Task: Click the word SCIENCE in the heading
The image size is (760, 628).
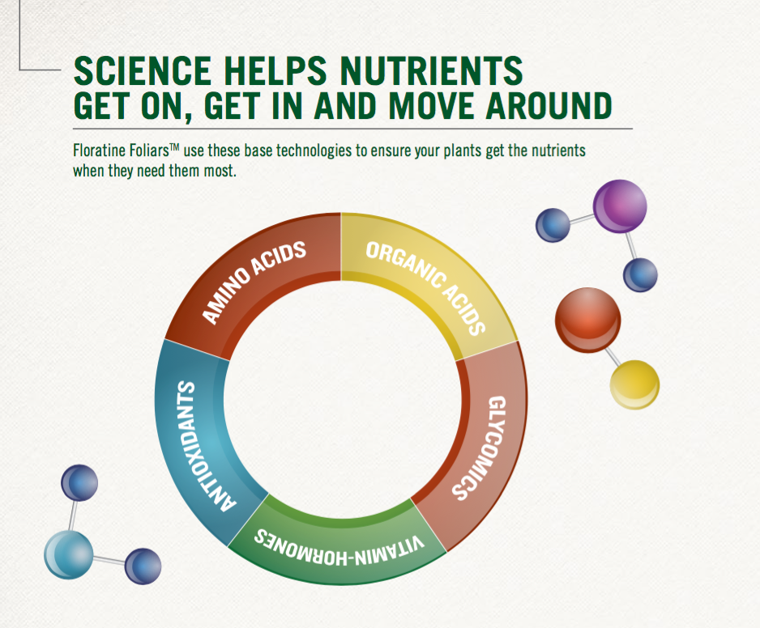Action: pyautogui.click(x=143, y=70)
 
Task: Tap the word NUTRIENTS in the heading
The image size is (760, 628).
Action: pyautogui.click(x=431, y=70)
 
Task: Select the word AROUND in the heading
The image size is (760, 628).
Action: pyautogui.click(x=549, y=105)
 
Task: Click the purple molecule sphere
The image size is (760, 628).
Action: pyautogui.click(x=620, y=206)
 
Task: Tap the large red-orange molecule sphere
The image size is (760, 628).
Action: pyautogui.click(x=588, y=320)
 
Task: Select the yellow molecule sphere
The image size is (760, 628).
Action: pyautogui.click(x=634, y=384)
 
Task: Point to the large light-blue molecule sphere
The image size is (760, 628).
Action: pyautogui.click(x=68, y=554)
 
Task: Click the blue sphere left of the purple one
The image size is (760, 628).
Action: pyautogui.click(x=553, y=225)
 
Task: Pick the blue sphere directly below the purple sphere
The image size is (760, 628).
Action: pyautogui.click(x=640, y=275)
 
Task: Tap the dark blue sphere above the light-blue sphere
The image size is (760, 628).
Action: pyautogui.click(x=79, y=483)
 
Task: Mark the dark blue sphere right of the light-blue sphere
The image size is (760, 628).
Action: pyautogui.click(x=143, y=566)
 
